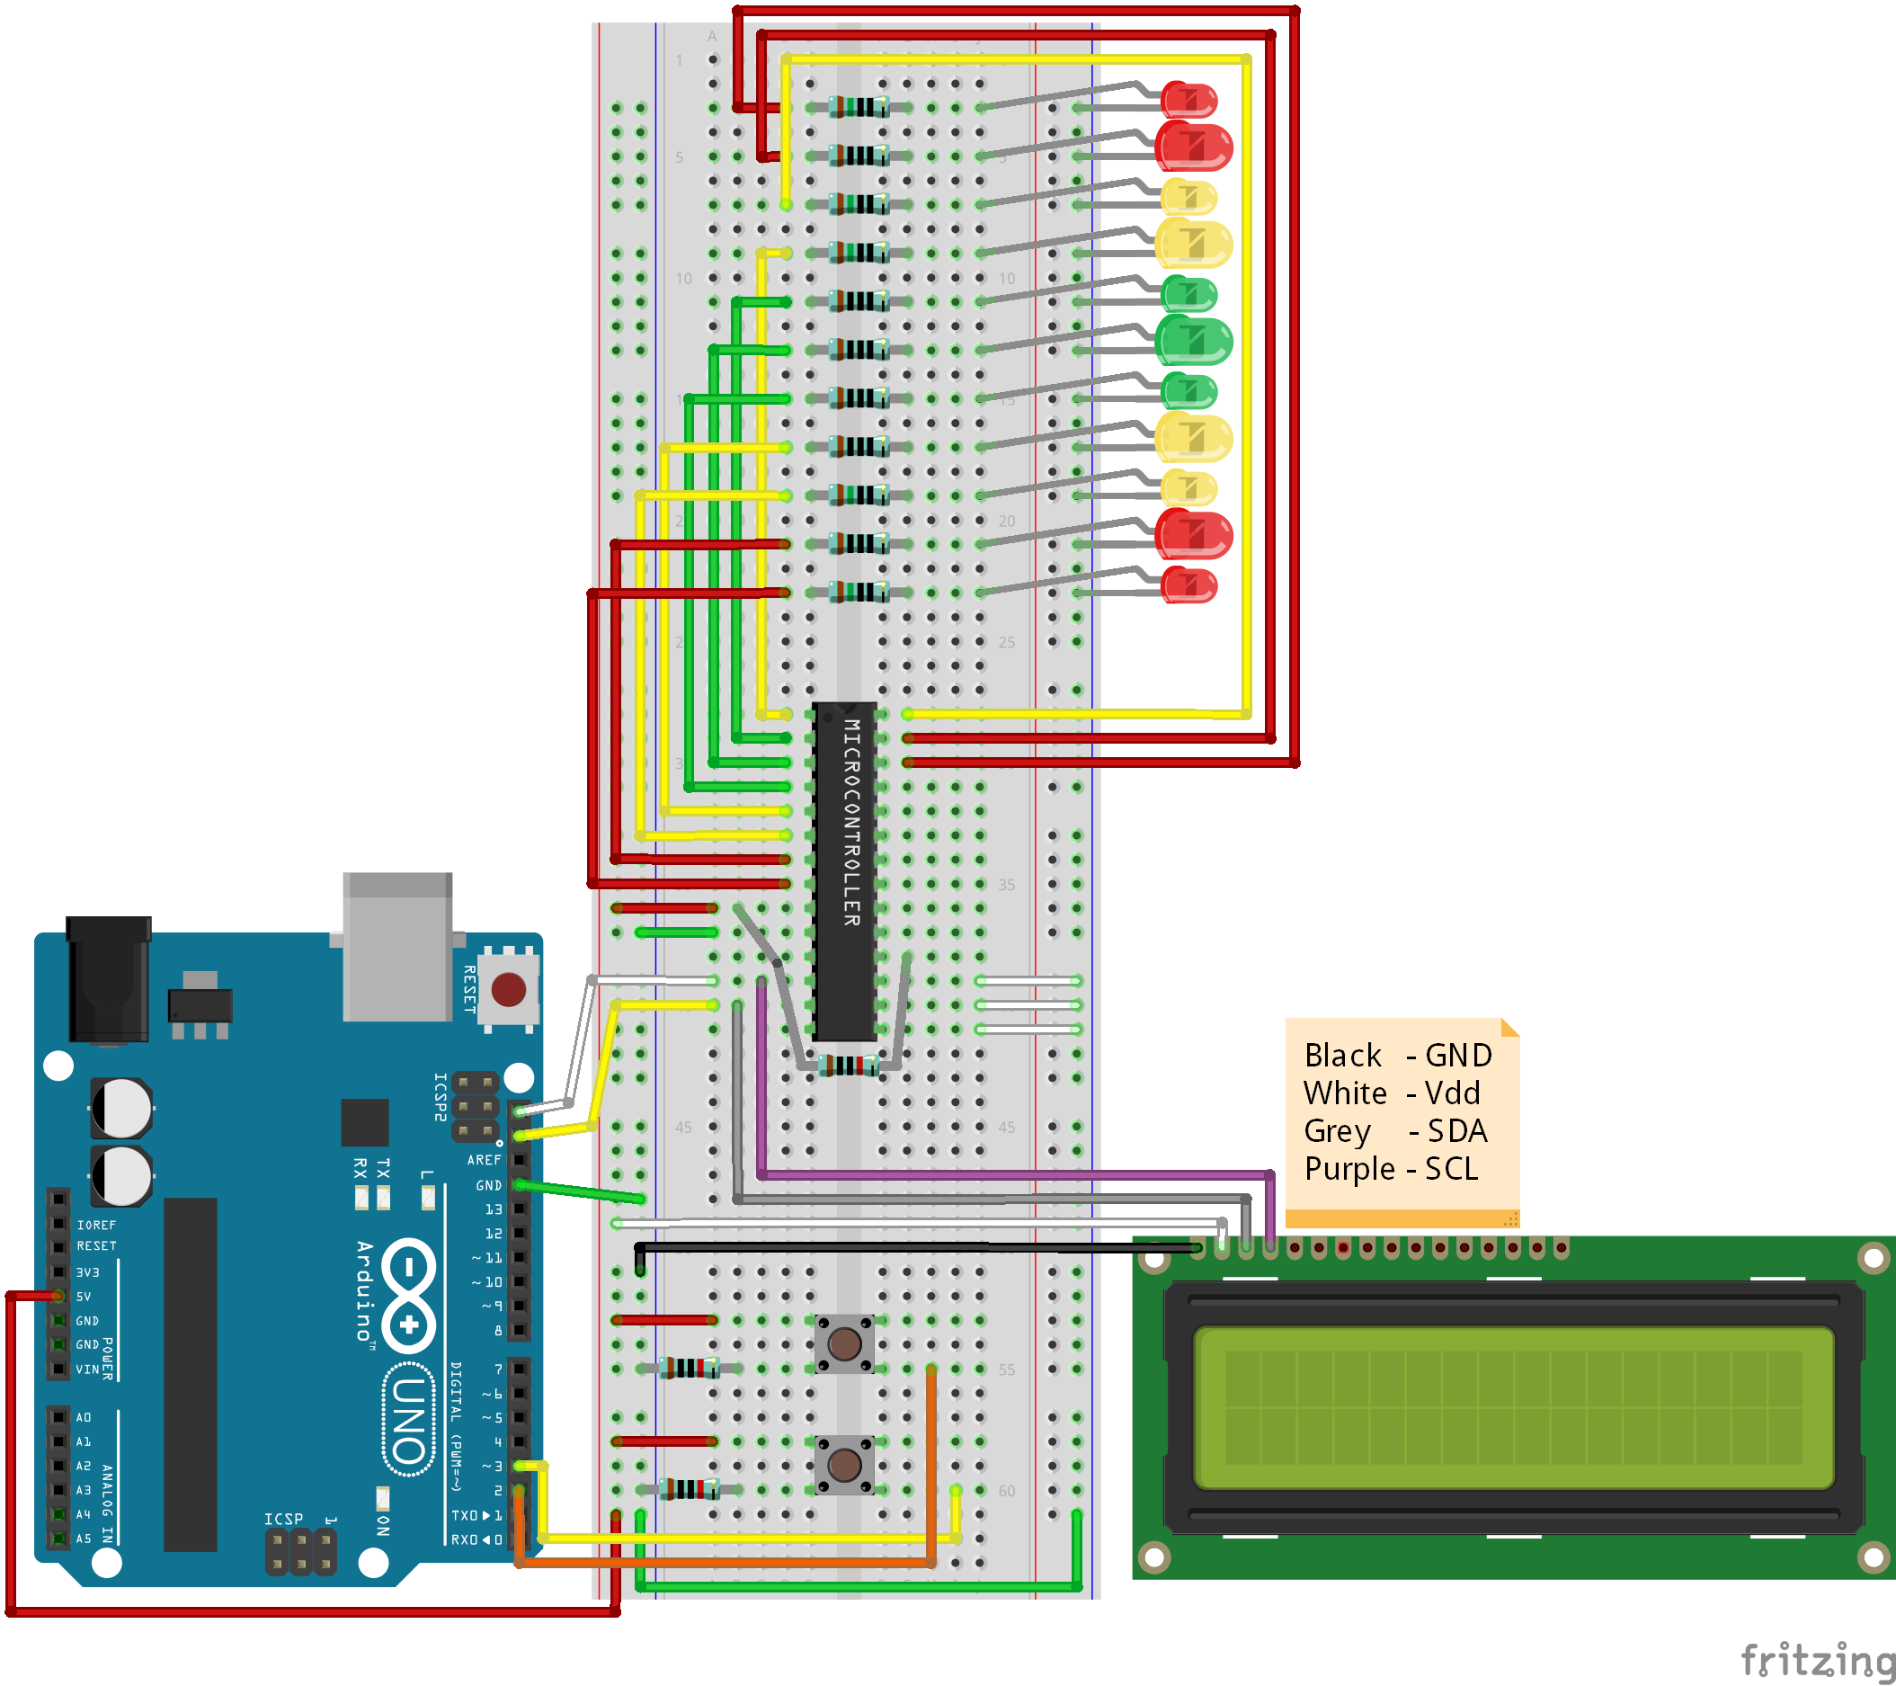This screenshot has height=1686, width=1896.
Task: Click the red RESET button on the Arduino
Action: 508,989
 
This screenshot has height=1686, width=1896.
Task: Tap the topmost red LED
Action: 1190,99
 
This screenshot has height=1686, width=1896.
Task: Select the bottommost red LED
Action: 1190,585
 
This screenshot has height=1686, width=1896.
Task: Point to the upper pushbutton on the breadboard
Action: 844,1343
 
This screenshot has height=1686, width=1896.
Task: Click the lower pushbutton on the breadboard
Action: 844,1465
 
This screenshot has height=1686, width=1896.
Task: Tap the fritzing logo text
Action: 1816,1659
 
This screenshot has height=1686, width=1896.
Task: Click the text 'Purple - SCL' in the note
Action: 1391,1169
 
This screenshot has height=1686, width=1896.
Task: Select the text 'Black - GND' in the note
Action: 1397,1056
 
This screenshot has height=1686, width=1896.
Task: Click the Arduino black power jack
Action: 109,979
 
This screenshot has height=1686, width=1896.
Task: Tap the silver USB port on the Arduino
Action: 398,947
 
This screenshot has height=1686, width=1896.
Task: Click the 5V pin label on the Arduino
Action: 84,1297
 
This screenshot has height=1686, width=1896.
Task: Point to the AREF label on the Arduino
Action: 484,1160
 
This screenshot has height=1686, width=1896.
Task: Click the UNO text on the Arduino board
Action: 409,1420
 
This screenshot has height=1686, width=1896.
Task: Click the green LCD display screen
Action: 1512,1406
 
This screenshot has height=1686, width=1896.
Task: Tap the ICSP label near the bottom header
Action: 283,1519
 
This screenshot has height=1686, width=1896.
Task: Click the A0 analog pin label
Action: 84,1417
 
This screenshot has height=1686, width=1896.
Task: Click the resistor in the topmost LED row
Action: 859,108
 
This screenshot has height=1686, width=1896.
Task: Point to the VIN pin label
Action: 87,1369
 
